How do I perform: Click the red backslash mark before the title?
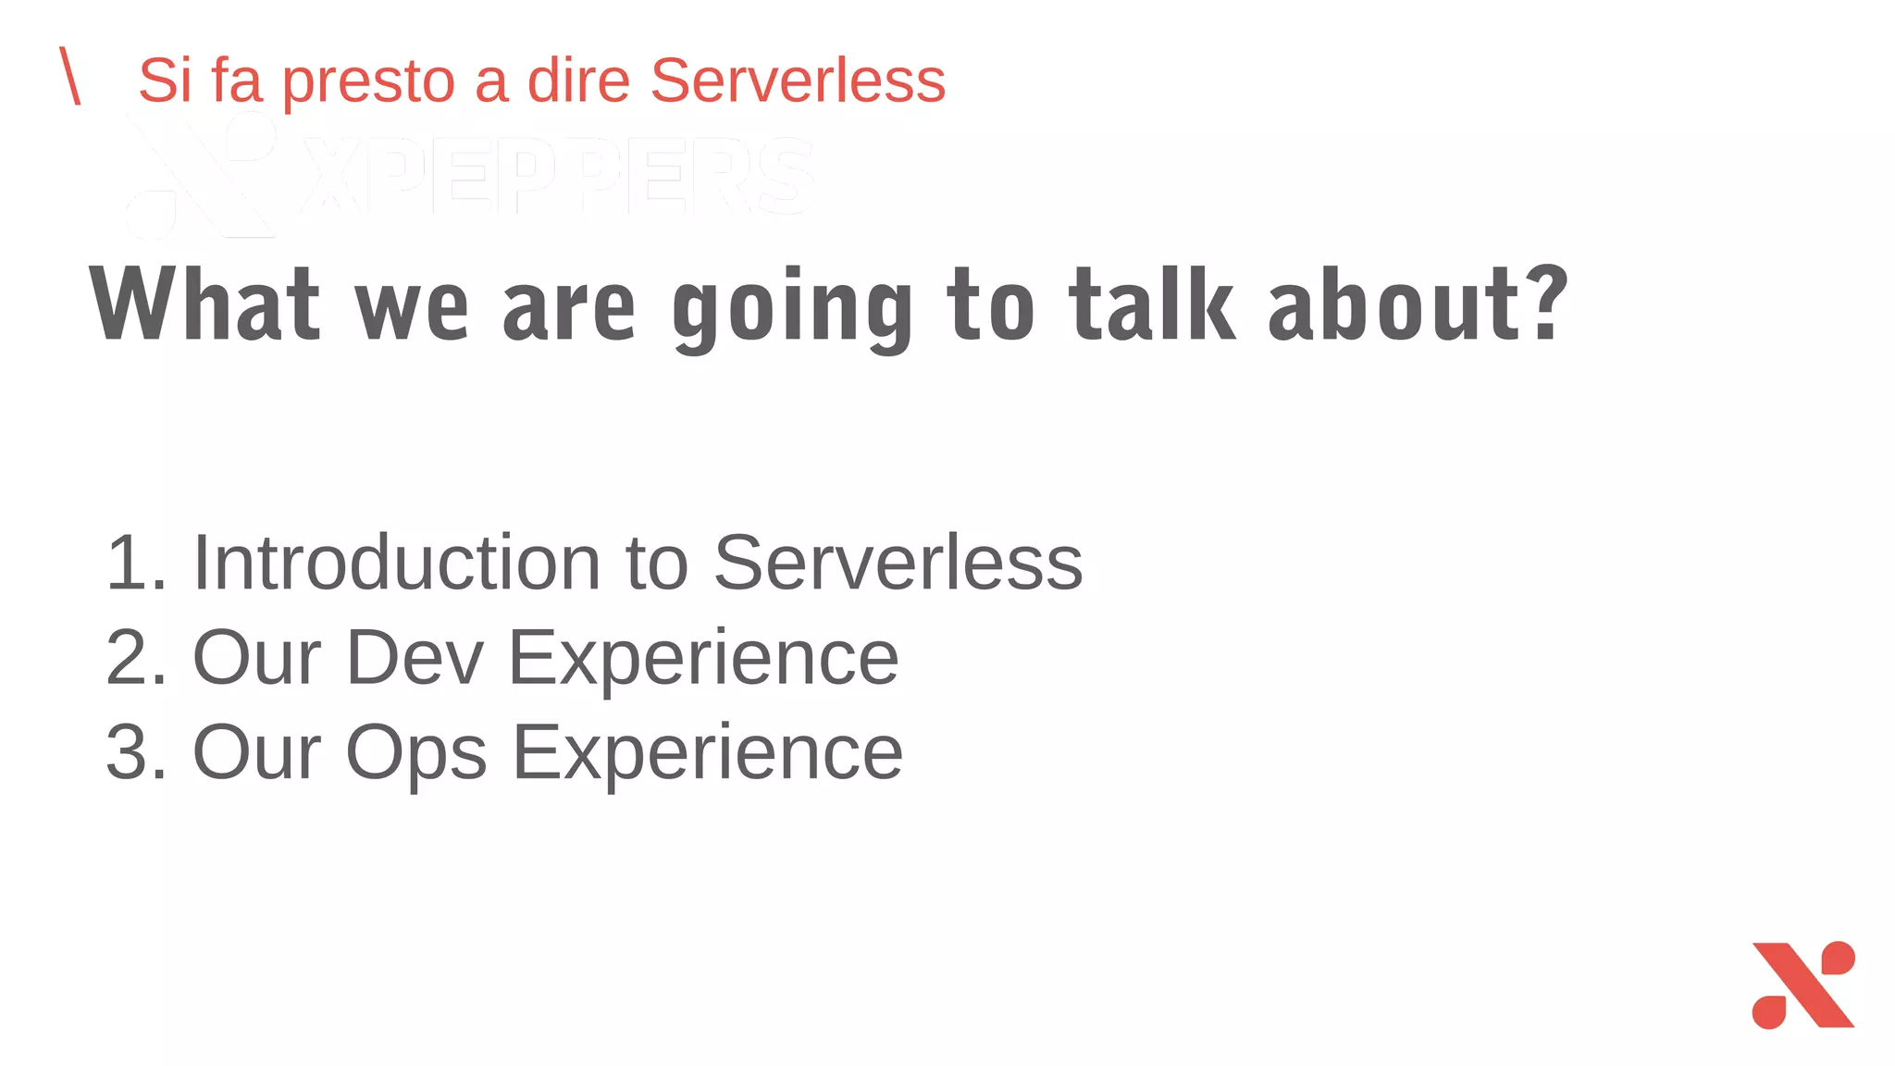tap(69, 76)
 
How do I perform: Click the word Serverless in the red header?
tap(798, 81)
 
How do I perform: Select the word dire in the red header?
tap(578, 81)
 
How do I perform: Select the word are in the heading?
tap(569, 310)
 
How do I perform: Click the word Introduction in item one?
tap(397, 563)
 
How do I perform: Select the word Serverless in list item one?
tap(898, 563)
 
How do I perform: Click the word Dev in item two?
tap(415, 657)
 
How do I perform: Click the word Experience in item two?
tap(703, 659)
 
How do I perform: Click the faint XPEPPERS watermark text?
tap(555, 176)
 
